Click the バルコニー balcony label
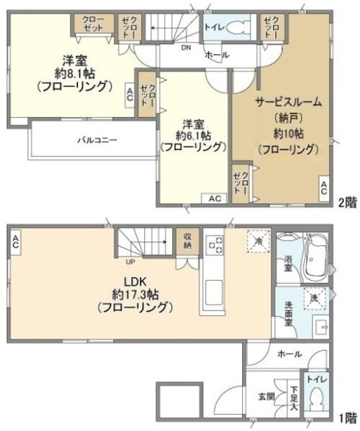(x=97, y=141)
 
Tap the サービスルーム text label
(x=287, y=102)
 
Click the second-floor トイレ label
(x=214, y=28)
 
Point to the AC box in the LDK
(x=15, y=240)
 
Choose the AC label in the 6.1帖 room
(x=214, y=199)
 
